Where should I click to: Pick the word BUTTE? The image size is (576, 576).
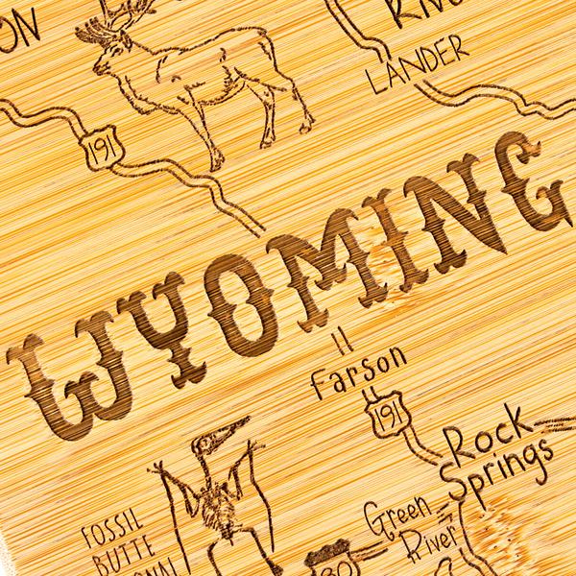(x=111, y=551)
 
